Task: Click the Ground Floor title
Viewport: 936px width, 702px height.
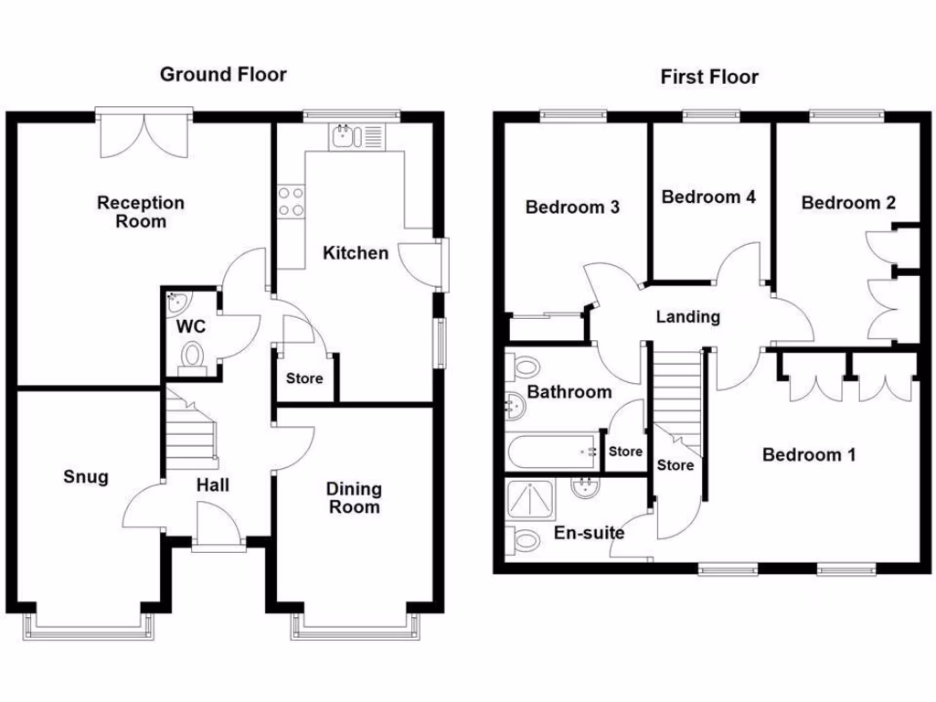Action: pyautogui.click(x=223, y=74)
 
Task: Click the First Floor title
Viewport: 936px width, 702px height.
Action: pyautogui.click(x=709, y=77)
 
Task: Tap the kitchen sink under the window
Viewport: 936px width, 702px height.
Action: pyautogui.click(x=346, y=137)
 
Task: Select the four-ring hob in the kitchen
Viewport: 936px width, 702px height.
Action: pyautogui.click(x=292, y=202)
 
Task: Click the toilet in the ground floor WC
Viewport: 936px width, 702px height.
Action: pyautogui.click(x=192, y=356)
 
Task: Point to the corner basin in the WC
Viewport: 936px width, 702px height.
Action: pyautogui.click(x=175, y=300)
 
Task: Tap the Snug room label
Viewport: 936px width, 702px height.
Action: pyautogui.click(x=86, y=476)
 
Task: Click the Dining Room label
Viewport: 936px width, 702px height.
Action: pyautogui.click(x=354, y=498)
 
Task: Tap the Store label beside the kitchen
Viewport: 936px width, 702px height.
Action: pyautogui.click(x=304, y=378)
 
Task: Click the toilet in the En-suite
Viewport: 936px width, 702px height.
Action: pyautogui.click(x=524, y=541)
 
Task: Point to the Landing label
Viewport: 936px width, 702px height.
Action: pyautogui.click(x=688, y=317)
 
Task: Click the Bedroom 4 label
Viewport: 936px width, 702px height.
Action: pyautogui.click(x=708, y=197)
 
